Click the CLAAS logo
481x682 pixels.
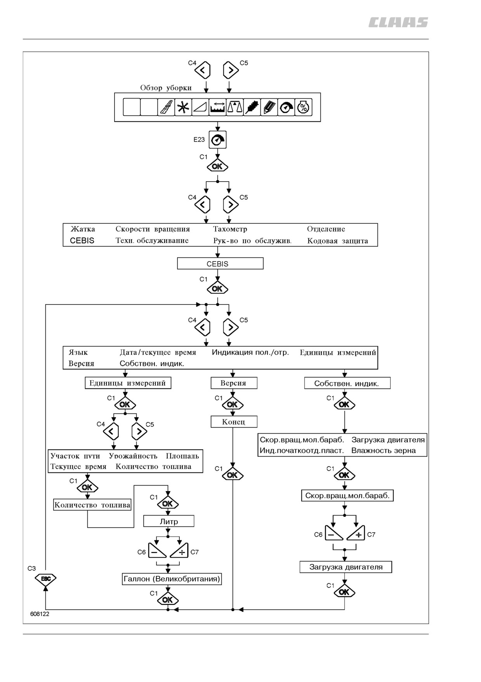pos(398,23)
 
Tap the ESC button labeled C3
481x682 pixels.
pos(46,579)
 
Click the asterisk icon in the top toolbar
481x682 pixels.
pos(182,107)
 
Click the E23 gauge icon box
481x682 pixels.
pos(217,140)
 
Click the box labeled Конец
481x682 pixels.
pos(234,422)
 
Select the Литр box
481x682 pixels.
pos(169,521)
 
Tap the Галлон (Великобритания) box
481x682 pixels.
pos(172,579)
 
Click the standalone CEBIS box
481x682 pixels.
pos(220,264)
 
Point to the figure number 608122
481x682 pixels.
pos(40,614)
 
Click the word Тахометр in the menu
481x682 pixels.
pos(230,229)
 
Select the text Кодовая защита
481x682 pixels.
pos(337,241)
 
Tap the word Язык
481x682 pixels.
pos(78,353)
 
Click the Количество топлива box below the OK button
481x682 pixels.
pos(92,505)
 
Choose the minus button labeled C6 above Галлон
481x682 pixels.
pos(157,551)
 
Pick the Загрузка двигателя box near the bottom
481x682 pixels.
pos(346,567)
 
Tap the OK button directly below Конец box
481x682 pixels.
pos(232,475)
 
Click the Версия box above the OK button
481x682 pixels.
pos(234,383)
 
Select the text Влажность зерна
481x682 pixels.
pos(384,451)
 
